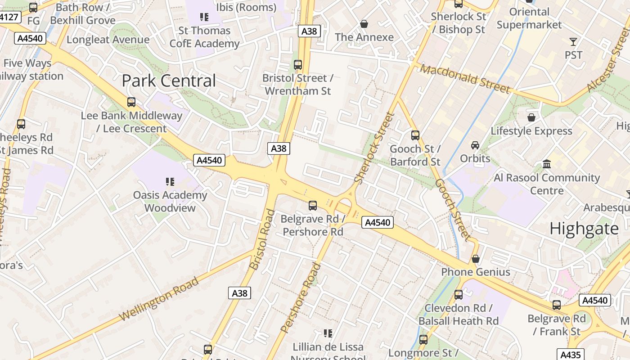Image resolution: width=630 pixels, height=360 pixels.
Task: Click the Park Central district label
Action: pos(169,81)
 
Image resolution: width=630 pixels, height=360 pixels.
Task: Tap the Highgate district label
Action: pos(584,229)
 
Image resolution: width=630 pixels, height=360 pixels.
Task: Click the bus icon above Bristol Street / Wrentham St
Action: pos(297,65)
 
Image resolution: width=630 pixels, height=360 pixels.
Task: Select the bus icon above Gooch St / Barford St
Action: pos(415,135)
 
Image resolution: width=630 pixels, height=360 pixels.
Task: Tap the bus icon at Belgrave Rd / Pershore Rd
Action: pos(312,206)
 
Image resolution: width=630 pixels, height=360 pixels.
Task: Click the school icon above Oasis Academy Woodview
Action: pos(170,182)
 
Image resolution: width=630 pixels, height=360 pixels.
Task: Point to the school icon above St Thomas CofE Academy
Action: pos(204,17)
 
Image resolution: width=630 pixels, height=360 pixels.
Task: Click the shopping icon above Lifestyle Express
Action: pos(531,117)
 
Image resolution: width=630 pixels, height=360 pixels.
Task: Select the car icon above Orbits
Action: pos(475,145)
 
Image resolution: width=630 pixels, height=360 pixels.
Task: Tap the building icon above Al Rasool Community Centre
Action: pos(547,164)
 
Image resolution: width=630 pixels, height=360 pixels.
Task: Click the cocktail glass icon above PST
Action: pos(573,42)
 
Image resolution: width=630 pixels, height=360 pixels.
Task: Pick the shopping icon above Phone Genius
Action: pos(475,259)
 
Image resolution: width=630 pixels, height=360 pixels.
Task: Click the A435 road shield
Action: pos(571,355)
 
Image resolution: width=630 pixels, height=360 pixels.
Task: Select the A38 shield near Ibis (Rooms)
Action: pos(309,31)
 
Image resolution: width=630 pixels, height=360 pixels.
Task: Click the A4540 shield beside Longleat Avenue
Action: pos(30,38)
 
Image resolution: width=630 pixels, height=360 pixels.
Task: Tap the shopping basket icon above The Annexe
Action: pos(364,23)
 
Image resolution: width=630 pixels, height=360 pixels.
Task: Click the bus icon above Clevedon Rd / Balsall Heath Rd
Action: pos(458,295)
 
